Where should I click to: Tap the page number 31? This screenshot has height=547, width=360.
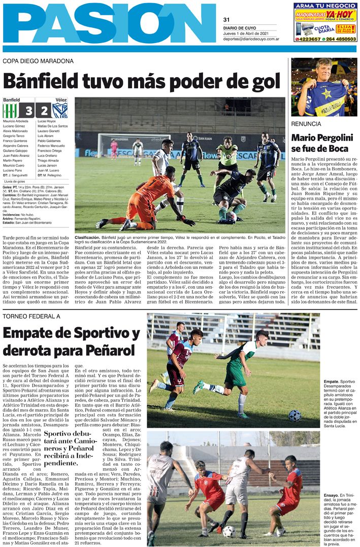(x=226, y=19)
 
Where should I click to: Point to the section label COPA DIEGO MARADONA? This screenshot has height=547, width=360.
(x=38, y=61)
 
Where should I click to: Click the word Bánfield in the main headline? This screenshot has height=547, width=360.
(x=52, y=81)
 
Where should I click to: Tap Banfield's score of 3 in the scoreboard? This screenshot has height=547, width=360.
(x=27, y=111)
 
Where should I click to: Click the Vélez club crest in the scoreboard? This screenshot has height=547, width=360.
(x=60, y=111)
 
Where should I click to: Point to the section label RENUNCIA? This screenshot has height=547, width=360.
(x=306, y=124)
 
